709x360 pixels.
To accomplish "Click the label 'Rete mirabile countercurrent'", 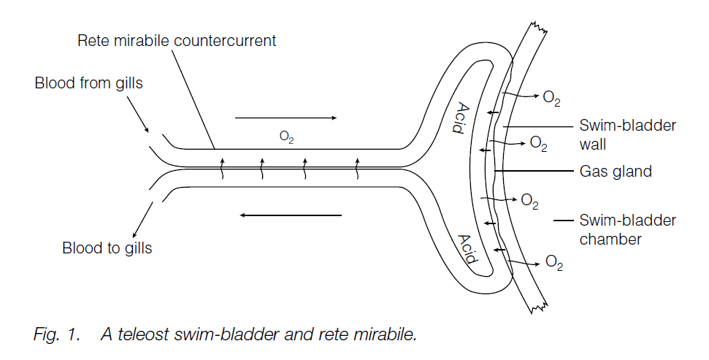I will pyautogui.click(x=177, y=40).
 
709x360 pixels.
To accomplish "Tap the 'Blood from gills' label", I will pyautogui.click(x=88, y=83).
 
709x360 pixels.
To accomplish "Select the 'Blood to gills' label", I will pyautogui.click(x=107, y=248).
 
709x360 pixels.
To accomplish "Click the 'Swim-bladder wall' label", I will pyautogui.click(x=627, y=134).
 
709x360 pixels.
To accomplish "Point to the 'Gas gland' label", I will pyautogui.click(x=615, y=172).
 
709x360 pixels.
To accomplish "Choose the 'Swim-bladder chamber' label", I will pyautogui.click(x=627, y=229).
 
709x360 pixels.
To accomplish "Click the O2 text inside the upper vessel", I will pyautogui.click(x=287, y=137).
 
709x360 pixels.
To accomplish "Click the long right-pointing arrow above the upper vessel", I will pyautogui.click(x=285, y=117).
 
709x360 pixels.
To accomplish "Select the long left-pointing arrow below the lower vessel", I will pyautogui.click(x=291, y=215).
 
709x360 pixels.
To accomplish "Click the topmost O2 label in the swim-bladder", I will pyautogui.click(x=551, y=97).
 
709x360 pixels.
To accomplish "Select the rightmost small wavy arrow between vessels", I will pyautogui.click(x=357, y=167).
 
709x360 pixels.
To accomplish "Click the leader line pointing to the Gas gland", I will pyautogui.click(x=532, y=172).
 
